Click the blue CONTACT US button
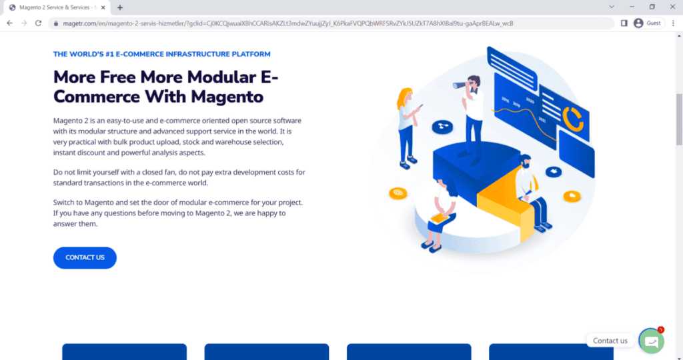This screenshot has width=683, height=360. [85, 258]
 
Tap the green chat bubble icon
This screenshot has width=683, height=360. [651, 341]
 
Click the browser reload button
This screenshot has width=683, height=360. [39, 23]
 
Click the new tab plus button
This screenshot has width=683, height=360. [120, 7]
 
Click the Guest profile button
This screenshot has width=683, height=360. [647, 23]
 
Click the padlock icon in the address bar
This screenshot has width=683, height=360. [56, 23]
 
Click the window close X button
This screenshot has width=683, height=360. [670, 7]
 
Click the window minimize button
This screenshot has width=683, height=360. [630, 7]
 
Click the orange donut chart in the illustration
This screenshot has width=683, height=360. [572, 117]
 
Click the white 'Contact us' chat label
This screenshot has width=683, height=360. [610, 341]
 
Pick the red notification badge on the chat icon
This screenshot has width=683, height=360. [660, 329]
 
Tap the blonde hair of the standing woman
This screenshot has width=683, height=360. [404, 98]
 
